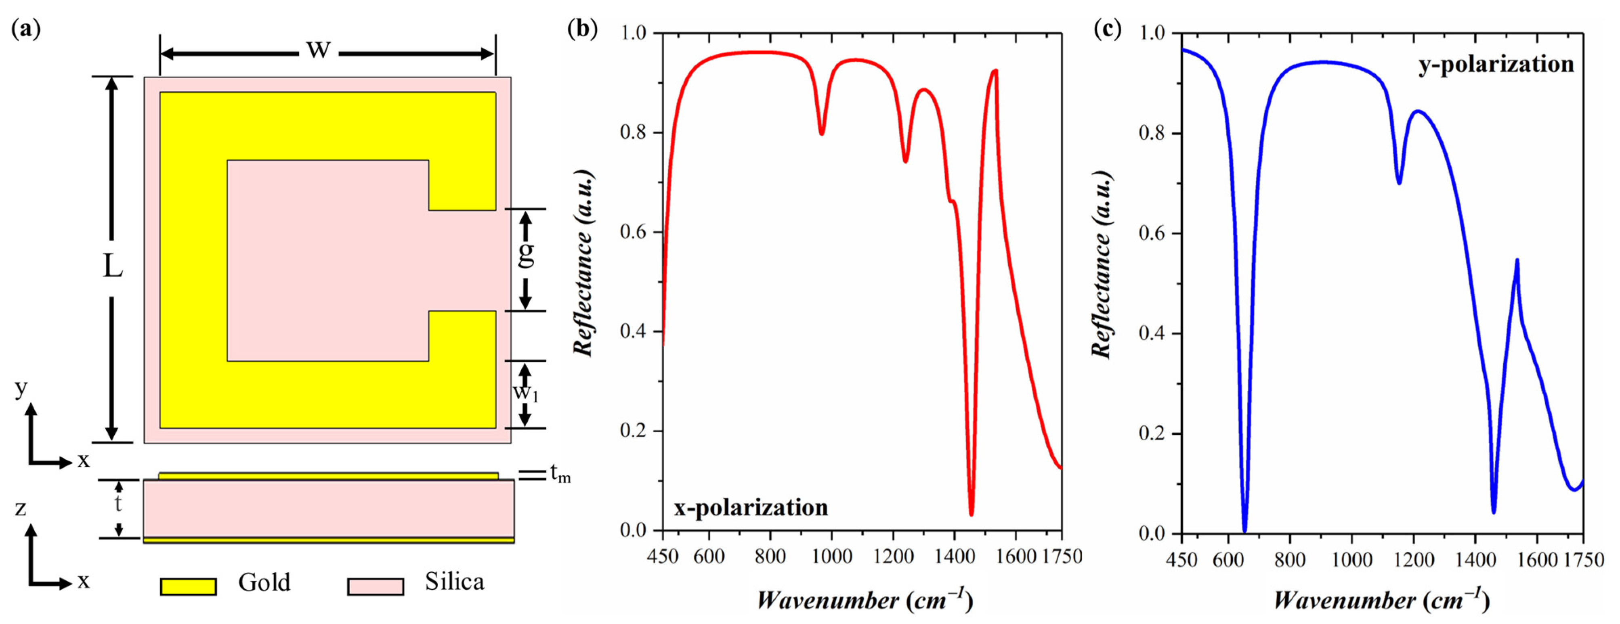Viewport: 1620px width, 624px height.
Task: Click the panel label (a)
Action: tap(26, 29)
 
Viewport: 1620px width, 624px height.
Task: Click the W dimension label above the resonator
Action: tap(318, 50)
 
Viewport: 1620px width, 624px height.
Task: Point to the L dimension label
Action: tap(113, 267)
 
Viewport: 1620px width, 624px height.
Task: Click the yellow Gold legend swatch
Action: tap(188, 586)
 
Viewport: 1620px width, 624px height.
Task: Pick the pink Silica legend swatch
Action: tap(376, 586)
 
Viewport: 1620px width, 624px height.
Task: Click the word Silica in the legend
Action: tap(454, 582)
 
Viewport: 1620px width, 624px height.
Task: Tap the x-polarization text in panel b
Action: tap(751, 507)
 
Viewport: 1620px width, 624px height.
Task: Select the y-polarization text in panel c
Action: tap(1496, 64)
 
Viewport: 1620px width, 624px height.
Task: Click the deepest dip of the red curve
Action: tap(972, 514)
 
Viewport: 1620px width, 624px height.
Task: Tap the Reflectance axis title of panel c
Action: tap(1101, 264)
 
